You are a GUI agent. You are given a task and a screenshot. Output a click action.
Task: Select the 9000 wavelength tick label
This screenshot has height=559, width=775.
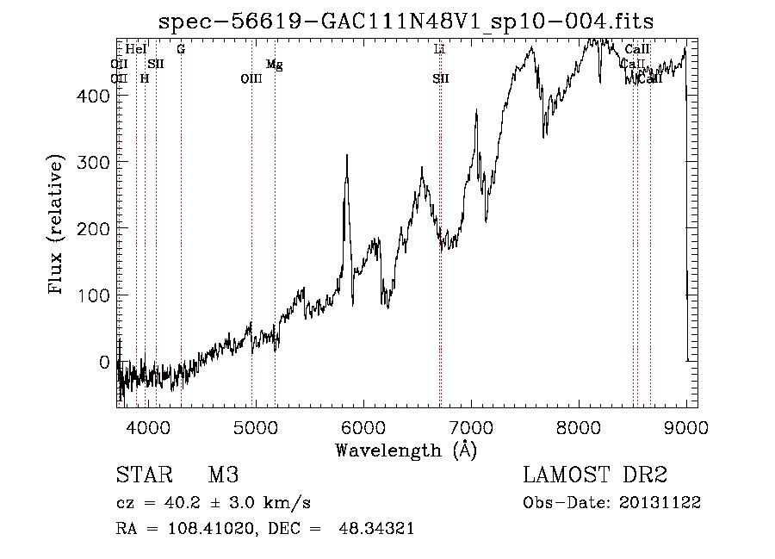[686, 425]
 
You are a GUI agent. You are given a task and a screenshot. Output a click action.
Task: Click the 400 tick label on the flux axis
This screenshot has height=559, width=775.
[96, 96]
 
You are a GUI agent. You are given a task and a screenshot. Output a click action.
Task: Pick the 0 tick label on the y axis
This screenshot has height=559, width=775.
[105, 362]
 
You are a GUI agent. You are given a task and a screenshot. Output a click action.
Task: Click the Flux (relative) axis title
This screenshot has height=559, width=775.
[58, 227]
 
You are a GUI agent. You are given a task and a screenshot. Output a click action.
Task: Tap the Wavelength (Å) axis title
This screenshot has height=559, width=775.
[406, 450]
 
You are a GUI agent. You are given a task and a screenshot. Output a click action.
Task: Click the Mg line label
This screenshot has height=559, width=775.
[274, 65]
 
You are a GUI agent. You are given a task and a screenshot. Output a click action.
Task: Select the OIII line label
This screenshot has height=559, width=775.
[251, 79]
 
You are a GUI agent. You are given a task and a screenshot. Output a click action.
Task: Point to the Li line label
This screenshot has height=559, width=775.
[439, 50]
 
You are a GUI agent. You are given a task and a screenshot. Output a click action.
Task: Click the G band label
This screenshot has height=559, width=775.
[181, 50]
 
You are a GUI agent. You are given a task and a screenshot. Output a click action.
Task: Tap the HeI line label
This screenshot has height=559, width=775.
[136, 50]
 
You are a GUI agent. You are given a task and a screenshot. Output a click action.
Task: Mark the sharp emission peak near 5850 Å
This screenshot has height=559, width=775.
[346, 157]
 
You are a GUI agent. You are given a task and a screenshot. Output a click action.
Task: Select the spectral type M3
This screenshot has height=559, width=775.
[223, 476]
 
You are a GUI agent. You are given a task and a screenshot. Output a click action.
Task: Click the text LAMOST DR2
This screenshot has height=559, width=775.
[595, 476]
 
